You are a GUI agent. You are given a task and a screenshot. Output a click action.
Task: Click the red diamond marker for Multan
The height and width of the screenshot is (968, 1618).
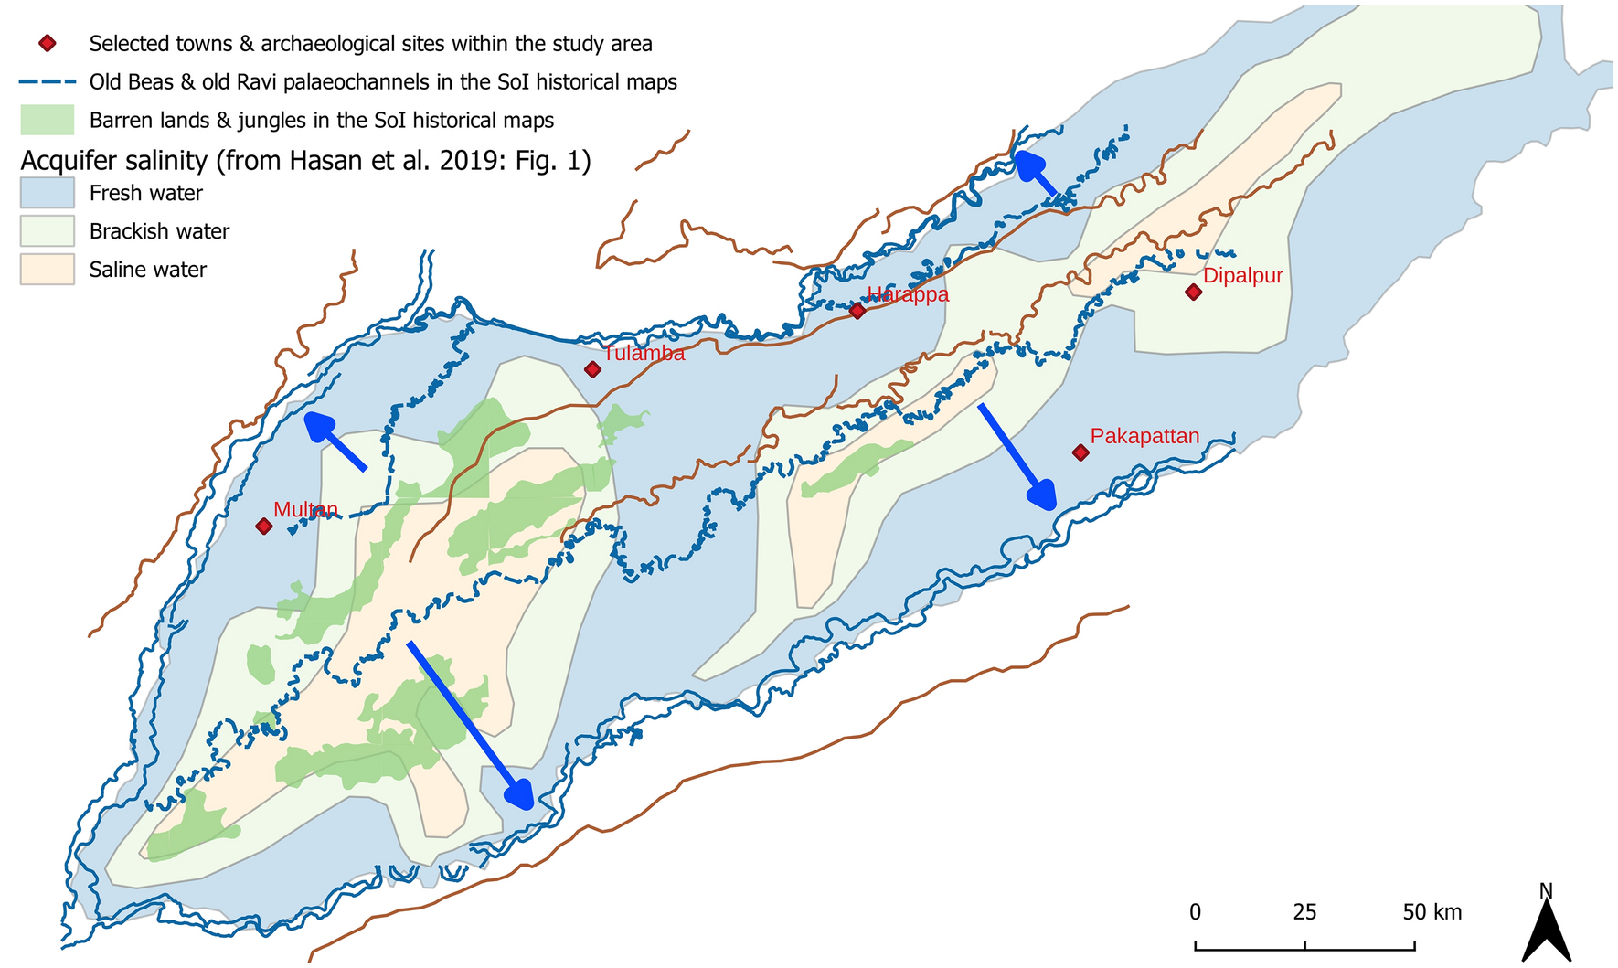click(x=263, y=526)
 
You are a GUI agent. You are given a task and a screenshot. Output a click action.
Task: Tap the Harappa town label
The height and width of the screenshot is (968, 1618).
click(x=908, y=294)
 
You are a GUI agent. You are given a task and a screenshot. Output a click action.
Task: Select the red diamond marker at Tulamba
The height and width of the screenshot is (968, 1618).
click(x=592, y=369)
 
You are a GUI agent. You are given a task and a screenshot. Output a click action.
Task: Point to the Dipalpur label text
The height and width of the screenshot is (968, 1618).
click(x=1242, y=275)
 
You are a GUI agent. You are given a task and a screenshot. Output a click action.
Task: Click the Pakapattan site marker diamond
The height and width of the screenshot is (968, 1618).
click(x=1080, y=452)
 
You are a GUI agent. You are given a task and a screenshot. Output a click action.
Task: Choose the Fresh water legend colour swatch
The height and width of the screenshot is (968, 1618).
click(x=47, y=193)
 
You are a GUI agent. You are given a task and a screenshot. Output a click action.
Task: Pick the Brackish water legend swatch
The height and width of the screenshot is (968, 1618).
click(x=47, y=231)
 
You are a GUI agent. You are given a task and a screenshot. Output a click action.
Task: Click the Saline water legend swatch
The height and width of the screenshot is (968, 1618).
click(x=47, y=270)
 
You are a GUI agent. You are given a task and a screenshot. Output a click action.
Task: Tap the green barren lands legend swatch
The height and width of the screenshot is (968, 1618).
click(x=47, y=120)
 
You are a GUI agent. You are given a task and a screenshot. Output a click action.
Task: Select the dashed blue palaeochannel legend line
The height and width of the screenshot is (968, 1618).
click(x=47, y=82)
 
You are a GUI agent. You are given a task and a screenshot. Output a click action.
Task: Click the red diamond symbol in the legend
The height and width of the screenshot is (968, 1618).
click(x=48, y=43)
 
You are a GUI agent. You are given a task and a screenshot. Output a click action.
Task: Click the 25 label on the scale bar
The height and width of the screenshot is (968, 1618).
click(x=1304, y=911)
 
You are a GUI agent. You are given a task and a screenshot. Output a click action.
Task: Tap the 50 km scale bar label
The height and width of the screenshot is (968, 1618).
click(x=1432, y=911)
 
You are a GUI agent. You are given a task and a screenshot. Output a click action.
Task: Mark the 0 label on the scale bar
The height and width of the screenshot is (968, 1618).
click(x=1195, y=911)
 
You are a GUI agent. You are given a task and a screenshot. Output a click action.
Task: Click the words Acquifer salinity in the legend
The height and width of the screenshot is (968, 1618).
click(x=114, y=161)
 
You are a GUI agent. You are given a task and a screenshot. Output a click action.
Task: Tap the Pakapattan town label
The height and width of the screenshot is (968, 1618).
click(x=1144, y=436)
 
